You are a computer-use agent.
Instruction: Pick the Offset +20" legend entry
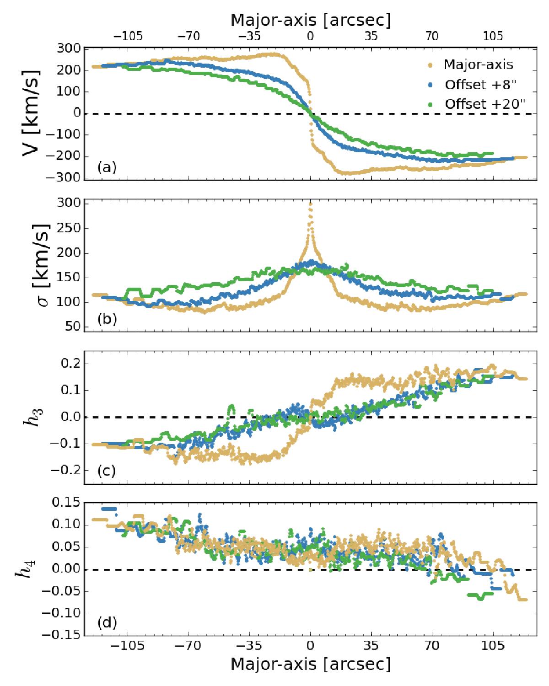coord(483,104)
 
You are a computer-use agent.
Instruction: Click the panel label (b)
coord(107,319)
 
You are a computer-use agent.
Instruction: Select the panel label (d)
coord(107,622)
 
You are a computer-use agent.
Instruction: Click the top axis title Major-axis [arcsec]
coord(311,20)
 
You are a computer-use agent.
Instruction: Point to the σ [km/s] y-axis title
coord(31,265)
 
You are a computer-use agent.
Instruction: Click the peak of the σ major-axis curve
coord(311,204)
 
